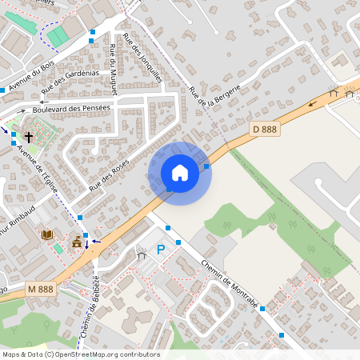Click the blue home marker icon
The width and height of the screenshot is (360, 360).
coord(180,173)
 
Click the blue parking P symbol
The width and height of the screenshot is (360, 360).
coord(160,250)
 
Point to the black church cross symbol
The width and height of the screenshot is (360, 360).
coord(29,137)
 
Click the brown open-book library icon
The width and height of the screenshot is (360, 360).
coord(46,234)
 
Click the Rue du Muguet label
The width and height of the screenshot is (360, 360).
coord(113,70)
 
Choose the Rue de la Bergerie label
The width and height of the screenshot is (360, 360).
coord(214,95)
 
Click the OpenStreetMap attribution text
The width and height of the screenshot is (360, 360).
coord(81,354)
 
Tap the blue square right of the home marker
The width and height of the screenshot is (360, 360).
coord(207,166)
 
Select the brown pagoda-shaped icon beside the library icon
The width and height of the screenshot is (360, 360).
coord(77,242)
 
